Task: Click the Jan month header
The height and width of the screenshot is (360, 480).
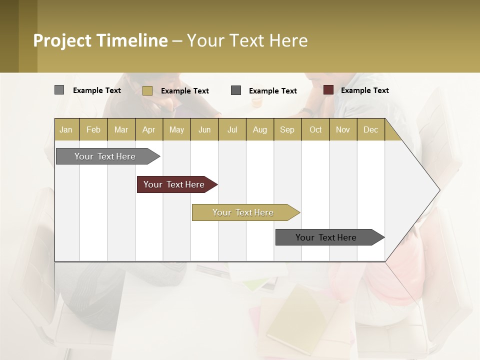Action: [x=66, y=129]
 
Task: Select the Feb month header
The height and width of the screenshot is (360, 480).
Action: [x=93, y=129]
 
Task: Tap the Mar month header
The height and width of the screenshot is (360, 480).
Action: [x=121, y=129]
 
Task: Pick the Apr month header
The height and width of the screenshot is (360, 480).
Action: [x=149, y=129]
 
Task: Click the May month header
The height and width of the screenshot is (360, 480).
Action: [x=176, y=129]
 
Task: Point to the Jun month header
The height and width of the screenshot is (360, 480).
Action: [x=204, y=129]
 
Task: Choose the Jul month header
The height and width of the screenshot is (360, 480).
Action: [x=232, y=129]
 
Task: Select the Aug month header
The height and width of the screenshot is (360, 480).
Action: [x=260, y=129]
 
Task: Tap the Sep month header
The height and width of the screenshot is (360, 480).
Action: [x=287, y=129]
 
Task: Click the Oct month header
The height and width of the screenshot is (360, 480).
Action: [x=315, y=129]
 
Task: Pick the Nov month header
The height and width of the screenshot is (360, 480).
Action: [x=343, y=129]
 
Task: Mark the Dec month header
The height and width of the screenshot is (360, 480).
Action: [x=371, y=129]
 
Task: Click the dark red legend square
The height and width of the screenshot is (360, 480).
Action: [x=328, y=90]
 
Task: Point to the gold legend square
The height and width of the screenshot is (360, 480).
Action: [x=147, y=90]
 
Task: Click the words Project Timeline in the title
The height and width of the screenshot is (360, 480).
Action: [x=100, y=40]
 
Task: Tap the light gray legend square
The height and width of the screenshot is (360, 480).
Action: [x=59, y=90]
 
